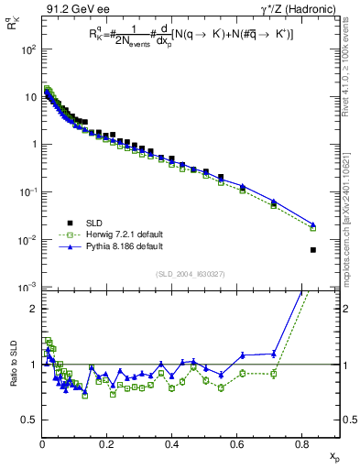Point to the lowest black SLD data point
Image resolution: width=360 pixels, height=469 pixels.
[313, 250]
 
